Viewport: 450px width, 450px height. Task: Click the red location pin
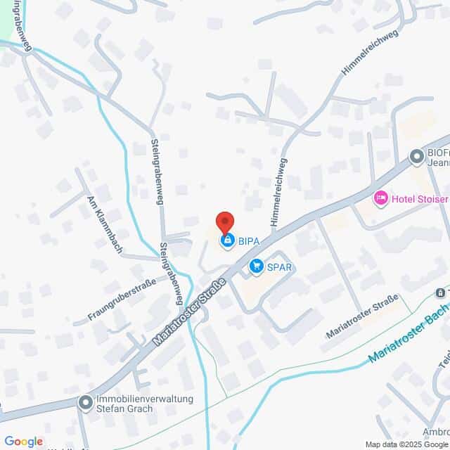coord(224,221)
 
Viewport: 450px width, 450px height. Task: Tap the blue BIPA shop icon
coord(227,241)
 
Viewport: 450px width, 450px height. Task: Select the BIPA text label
coord(248,241)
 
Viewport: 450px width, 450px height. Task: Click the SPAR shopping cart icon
coord(256,266)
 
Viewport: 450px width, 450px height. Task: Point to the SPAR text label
coord(278,267)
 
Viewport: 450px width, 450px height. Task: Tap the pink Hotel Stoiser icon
coord(380,198)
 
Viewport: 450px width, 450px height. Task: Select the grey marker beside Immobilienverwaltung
coord(86,403)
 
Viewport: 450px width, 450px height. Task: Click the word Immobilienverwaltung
coord(144,399)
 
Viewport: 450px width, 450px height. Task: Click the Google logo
coord(23,442)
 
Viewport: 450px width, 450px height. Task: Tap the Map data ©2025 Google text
coord(406,444)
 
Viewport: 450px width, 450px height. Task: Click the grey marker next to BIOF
coord(416,156)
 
